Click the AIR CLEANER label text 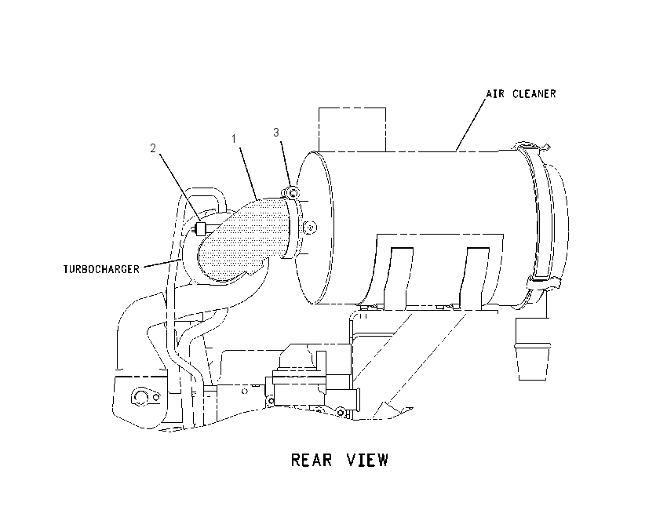tap(521, 93)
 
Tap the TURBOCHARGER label tap(101, 269)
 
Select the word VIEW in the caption tap(367, 460)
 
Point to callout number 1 tap(234, 139)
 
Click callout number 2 tap(153, 148)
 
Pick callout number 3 tap(276, 133)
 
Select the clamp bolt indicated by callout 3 tap(292, 193)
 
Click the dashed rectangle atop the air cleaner tap(352, 129)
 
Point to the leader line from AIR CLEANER tap(471, 123)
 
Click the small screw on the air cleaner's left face tap(310, 227)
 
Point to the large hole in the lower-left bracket tap(139, 397)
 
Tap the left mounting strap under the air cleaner tap(398, 277)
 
